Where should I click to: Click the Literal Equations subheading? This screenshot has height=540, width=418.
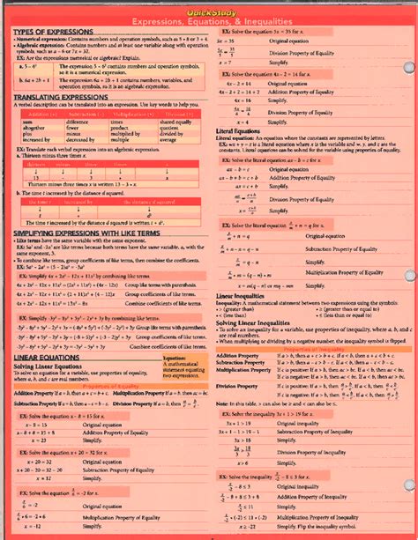click(242, 129)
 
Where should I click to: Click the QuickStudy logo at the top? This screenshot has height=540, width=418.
click(208, 8)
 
